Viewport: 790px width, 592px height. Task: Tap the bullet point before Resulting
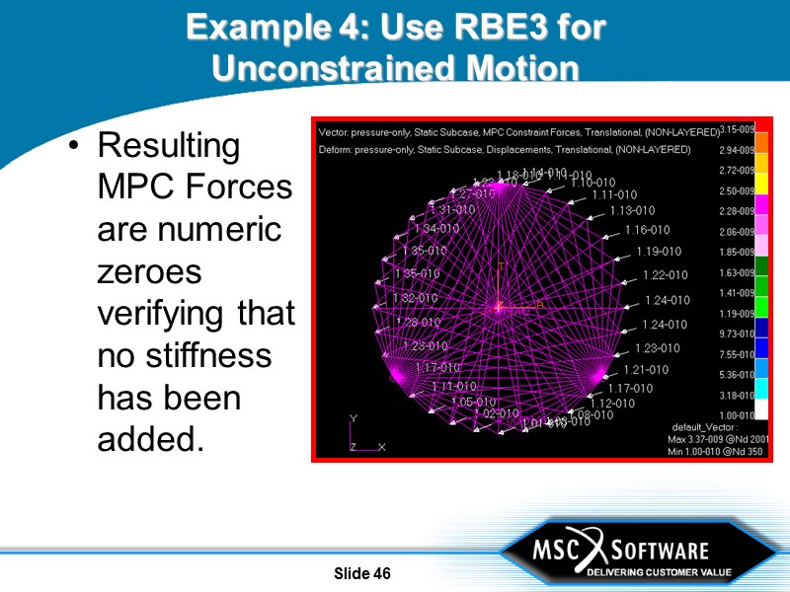[74, 147]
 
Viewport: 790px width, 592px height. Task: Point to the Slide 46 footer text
[362, 573]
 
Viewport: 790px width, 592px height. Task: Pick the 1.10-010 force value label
[592, 183]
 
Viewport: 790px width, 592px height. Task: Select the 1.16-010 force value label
[647, 230]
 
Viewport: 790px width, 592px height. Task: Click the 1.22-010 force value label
[665, 275]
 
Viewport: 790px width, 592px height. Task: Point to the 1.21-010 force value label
[645, 370]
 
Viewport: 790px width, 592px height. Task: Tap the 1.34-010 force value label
[434, 229]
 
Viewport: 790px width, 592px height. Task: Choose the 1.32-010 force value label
[416, 298]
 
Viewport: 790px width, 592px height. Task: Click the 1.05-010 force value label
[473, 403]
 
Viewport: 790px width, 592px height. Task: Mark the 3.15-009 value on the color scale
[737, 129]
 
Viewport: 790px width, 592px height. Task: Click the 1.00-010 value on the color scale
[737, 415]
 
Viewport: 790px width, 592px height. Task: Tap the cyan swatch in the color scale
[761, 388]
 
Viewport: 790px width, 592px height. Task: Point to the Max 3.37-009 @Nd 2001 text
[718, 439]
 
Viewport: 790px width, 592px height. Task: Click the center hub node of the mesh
[500, 308]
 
